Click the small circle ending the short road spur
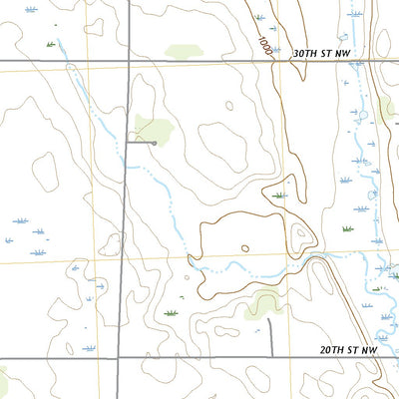coord(155,143)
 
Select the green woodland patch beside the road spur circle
coord(153,127)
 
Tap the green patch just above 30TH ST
coord(181,51)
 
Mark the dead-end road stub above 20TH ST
coord(272,339)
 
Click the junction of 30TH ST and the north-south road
coord(130,62)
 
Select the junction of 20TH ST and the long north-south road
coord(119,357)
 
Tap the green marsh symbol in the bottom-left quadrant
coord(171,313)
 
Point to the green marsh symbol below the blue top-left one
coord(50,44)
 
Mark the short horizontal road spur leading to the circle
coord(141,143)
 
